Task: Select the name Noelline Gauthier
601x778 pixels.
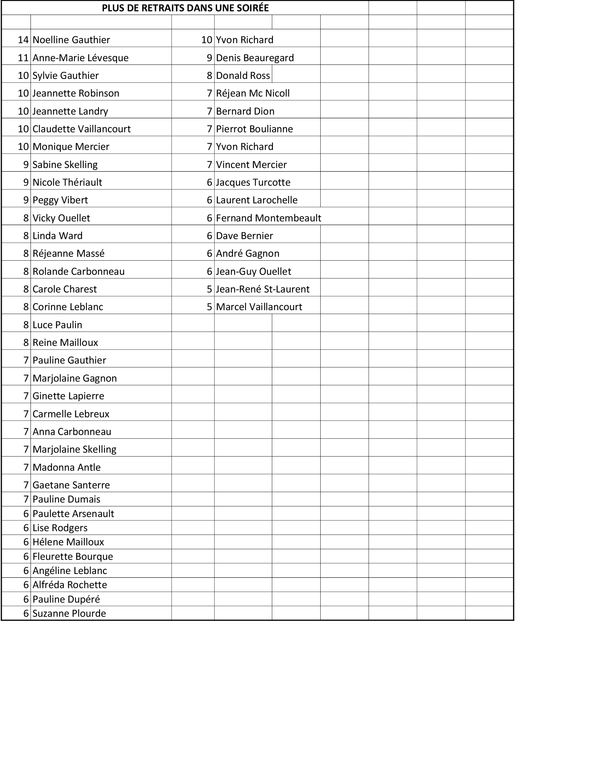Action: coord(71,40)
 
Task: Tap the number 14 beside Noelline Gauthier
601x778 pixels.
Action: coord(23,40)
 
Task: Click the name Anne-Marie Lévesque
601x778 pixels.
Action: coord(81,58)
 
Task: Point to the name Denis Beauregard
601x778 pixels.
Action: coord(255,58)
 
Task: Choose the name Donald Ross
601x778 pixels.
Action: coord(243,76)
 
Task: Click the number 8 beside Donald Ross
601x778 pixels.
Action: coord(209,76)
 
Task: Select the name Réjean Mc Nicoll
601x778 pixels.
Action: coord(253,93)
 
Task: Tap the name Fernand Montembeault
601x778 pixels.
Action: coord(268,218)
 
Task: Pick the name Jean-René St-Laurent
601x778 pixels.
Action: coord(263,289)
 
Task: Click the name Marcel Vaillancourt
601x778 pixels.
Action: coord(259,307)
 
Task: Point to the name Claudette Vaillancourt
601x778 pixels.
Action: coord(82,129)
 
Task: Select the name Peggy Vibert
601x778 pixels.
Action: coord(60,200)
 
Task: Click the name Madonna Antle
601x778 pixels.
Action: coord(66,468)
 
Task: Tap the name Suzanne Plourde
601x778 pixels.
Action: coord(69,614)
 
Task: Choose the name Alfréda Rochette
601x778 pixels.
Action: coord(70,585)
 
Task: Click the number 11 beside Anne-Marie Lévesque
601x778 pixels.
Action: coord(23,58)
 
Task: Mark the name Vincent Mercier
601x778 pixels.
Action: coord(251,164)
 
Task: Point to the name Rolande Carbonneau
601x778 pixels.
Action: coord(79,272)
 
